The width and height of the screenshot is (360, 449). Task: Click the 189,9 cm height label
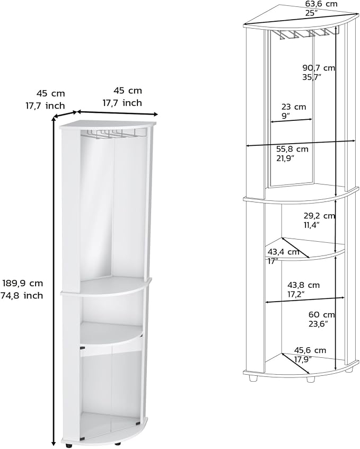point(23,283)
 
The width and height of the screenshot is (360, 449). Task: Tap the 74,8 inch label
point(22,295)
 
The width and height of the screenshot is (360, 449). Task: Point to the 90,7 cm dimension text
point(319,68)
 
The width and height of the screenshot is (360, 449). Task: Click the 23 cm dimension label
point(294,107)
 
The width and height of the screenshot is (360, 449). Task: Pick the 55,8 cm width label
point(293,149)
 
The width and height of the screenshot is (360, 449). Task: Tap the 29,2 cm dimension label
point(319,216)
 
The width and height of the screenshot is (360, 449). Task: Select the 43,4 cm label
point(284,252)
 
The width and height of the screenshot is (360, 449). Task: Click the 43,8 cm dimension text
point(304,285)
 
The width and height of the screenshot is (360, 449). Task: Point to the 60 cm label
point(322,315)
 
